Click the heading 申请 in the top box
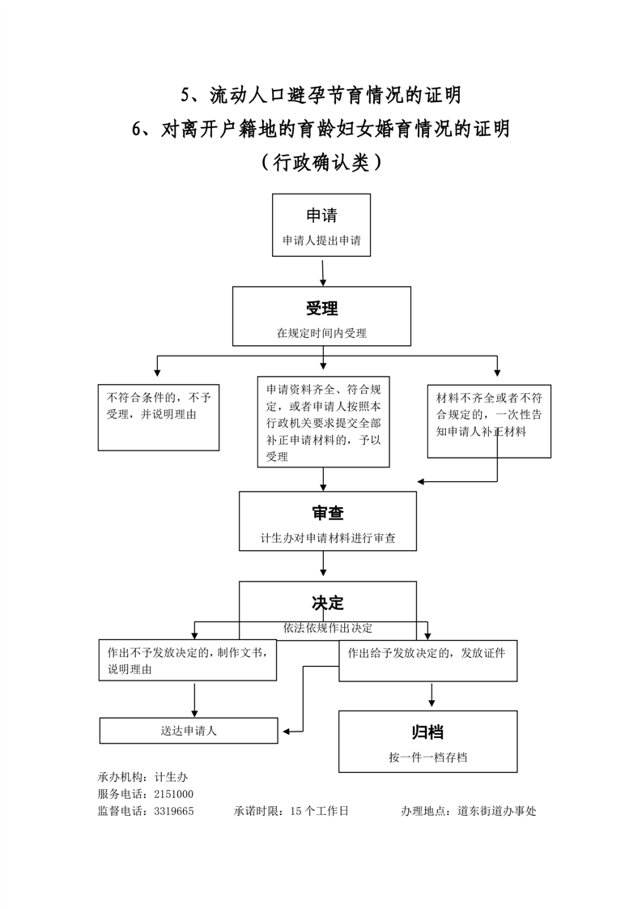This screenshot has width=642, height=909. coord(321,216)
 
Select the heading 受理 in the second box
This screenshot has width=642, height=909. coord(321,309)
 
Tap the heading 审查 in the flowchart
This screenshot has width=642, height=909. coord(327,513)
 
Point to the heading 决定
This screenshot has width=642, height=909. coord(328,604)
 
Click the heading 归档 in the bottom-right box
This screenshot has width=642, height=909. coord(427,732)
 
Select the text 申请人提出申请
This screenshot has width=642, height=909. coord(321,241)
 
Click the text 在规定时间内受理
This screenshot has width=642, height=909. coord(321,332)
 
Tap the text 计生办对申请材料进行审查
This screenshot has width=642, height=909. coord(328,537)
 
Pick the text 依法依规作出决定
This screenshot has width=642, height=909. coord(328,627)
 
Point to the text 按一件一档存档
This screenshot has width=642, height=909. coord(427,757)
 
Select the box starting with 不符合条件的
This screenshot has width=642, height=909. coord(159,416)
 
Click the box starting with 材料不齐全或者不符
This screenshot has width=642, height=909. coord(489,420)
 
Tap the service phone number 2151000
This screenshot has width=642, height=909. coord(173,794)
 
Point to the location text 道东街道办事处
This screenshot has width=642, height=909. coord(496,810)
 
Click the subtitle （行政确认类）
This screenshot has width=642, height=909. coord(321,162)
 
